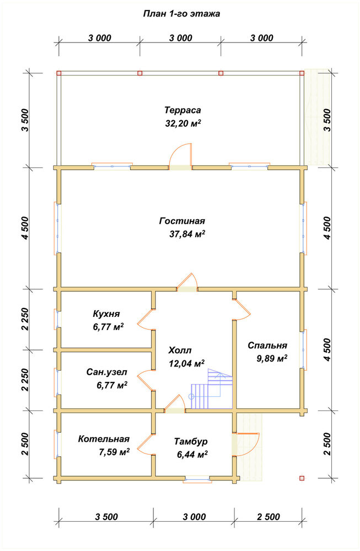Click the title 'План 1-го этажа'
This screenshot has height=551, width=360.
(x=181, y=14)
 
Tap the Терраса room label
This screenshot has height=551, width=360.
(x=183, y=110)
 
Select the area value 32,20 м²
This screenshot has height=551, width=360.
(x=183, y=123)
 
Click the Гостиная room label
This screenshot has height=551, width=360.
(x=182, y=221)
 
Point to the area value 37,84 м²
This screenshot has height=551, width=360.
(x=187, y=234)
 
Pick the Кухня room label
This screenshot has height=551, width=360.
(x=106, y=314)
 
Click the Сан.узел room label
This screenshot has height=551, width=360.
(x=107, y=372)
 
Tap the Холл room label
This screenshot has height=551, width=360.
(x=180, y=350)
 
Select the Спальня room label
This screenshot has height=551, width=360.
(x=267, y=345)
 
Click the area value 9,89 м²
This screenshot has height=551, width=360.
(x=272, y=359)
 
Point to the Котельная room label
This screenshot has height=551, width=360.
(x=104, y=439)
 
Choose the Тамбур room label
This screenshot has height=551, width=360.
(x=191, y=441)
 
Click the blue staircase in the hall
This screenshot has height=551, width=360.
(x=212, y=388)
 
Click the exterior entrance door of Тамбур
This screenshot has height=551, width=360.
(x=246, y=444)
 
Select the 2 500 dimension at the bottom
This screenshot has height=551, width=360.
(x=268, y=517)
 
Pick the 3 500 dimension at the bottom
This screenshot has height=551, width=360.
(x=106, y=517)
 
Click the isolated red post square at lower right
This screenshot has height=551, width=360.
(x=302, y=478)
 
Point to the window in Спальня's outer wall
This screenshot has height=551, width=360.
(x=303, y=350)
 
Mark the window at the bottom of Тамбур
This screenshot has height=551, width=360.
(x=197, y=479)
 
